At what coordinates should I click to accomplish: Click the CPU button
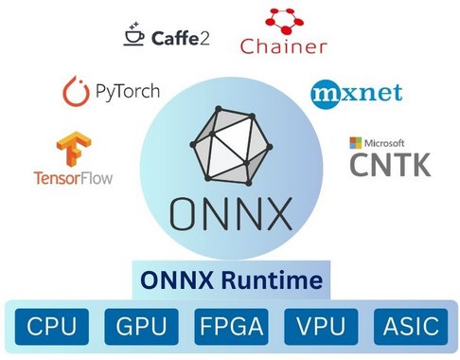[x=53, y=327]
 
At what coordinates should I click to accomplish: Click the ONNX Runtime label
[x=231, y=280]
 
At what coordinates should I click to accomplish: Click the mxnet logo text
[x=356, y=93]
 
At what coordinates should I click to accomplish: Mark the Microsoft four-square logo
[x=356, y=142]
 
